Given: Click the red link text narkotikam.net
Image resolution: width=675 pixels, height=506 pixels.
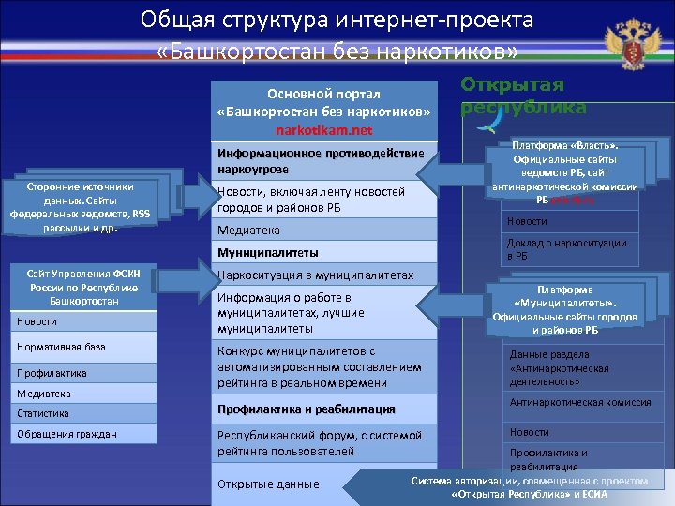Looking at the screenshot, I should [x=323, y=129].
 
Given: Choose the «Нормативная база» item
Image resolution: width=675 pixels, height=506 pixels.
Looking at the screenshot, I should [x=62, y=347].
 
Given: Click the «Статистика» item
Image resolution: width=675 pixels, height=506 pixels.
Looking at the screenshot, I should [x=43, y=413].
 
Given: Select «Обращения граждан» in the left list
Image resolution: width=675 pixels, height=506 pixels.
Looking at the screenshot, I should [x=67, y=434].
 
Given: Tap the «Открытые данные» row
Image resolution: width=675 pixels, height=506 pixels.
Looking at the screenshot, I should [x=268, y=484].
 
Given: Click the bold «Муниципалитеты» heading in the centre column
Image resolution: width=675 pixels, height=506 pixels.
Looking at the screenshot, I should [x=268, y=253].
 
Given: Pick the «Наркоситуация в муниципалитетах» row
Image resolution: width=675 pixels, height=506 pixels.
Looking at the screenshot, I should [x=315, y=276].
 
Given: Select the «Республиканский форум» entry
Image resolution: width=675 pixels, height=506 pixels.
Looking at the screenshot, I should [x=319, y=443].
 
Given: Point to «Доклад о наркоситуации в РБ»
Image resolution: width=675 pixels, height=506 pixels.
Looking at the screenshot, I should [x=566, y=248].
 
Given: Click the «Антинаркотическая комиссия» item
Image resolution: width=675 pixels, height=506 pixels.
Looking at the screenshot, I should [x=579, y=402].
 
